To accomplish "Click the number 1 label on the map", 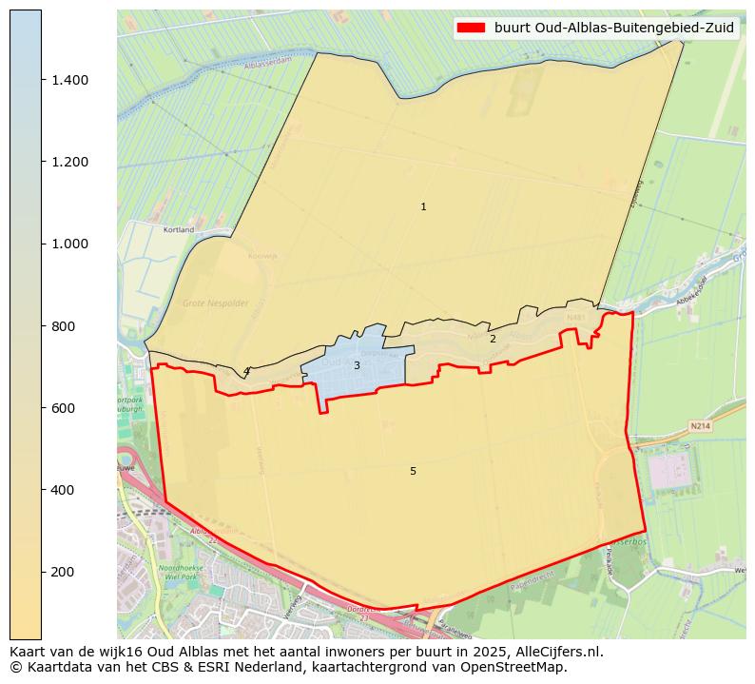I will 423,206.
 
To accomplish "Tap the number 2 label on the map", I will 493,339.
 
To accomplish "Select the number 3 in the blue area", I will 357,365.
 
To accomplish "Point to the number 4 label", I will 245,371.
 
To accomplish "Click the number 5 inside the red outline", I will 413,471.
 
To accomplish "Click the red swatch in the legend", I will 471,28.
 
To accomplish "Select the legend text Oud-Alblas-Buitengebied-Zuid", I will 614,28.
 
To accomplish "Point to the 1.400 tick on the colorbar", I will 69,80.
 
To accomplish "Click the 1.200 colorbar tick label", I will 69,162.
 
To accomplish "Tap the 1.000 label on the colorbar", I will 69,244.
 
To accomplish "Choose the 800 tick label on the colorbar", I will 63,326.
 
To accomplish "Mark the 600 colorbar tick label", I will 63,408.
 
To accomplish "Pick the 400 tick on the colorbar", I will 63,490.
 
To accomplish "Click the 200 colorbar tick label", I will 63,572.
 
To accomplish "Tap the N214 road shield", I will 701,427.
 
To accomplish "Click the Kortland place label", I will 179,229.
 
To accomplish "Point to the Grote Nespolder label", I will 216,303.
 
